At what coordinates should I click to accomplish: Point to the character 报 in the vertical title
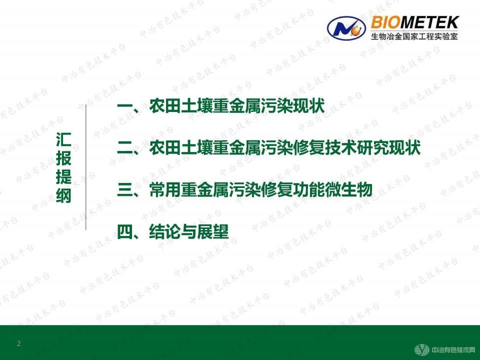tap(63, 159)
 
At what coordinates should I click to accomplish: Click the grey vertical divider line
tap(86, 168)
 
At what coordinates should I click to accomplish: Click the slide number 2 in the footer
tap(19, 343)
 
